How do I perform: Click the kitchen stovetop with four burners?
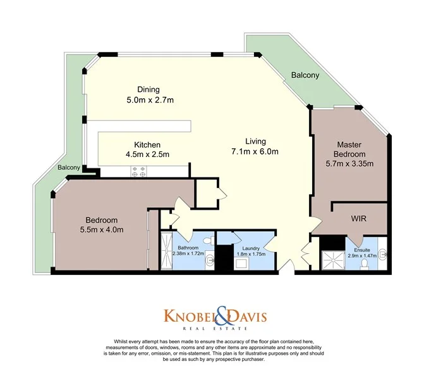coord(138,170)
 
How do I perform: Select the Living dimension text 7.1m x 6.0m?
coord(255,151)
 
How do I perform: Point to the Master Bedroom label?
coord(351,149)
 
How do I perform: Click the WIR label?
coord(360,218)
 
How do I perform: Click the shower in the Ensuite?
coord(332,260)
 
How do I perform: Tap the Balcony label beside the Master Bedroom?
coord(305,75)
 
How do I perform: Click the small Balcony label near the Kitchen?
coord(69,168)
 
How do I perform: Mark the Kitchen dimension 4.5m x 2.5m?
coord(147,154)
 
